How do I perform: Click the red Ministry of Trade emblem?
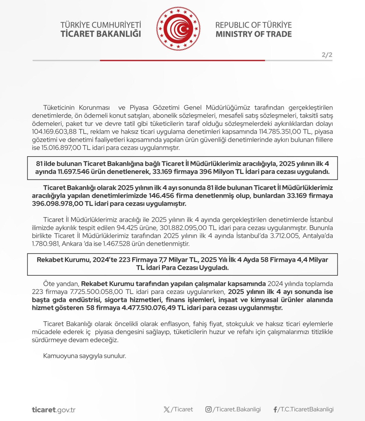(x=178, y=29)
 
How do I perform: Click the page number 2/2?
(x=327, y=55)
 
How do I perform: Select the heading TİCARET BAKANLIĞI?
(x=101, y=34)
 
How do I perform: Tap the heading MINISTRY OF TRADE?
(x=253, y=34)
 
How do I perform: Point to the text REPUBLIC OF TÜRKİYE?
(x=253, y=25)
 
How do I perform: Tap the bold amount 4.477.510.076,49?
(x=144, y=308)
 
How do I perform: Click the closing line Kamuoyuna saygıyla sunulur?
(x=85, y=356)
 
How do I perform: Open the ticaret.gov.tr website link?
(x=54, y=410)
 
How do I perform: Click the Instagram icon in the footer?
(x=208, y=409)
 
